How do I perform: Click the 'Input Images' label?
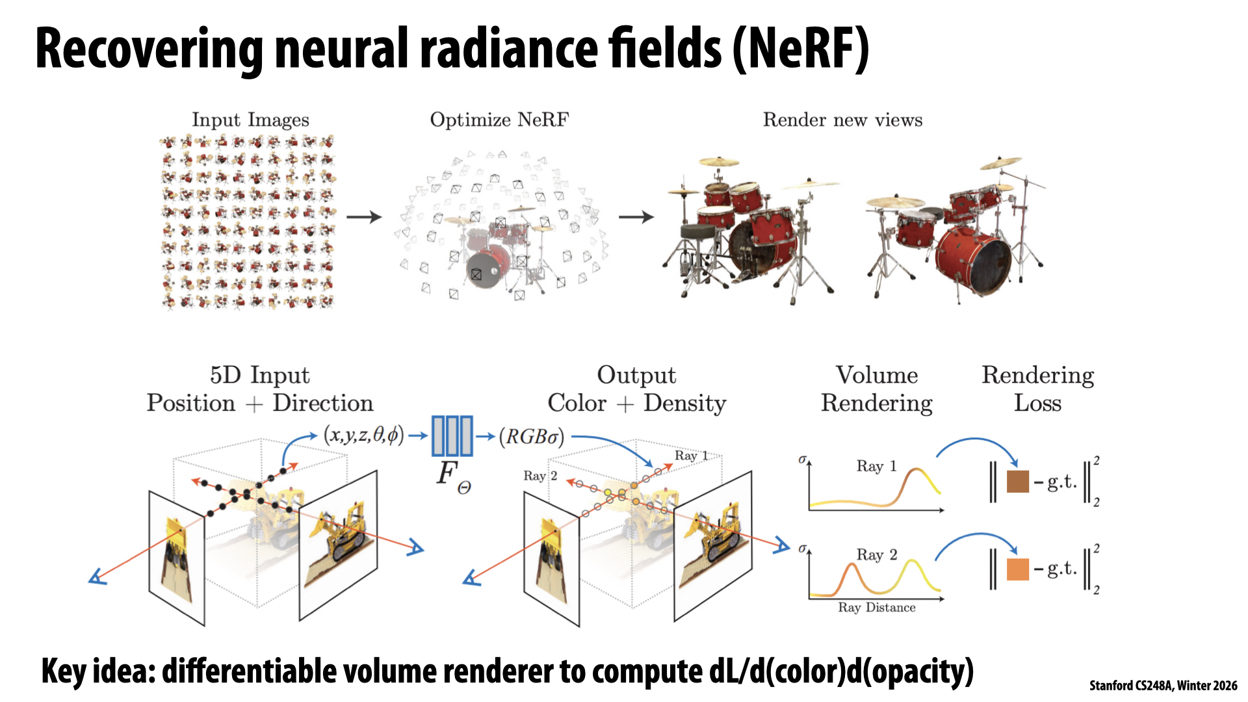(x=250, y=120)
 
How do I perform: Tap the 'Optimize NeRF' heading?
(x=499, y=120)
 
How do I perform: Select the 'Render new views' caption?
(x=842, y=120)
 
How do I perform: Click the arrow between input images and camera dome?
(x=363, y=217)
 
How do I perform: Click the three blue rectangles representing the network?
(x=452, y=435)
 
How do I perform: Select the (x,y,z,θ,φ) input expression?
(x=363, y=435)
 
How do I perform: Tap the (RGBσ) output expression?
(x=532, y=436)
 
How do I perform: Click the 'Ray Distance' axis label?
(x=876, y=608)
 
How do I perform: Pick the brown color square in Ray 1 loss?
(x=1017, y=482)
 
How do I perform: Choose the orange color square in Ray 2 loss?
(x=1017, y=569)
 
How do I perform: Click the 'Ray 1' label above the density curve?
(x=876, y=466)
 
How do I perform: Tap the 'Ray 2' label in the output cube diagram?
(x=540, y=476)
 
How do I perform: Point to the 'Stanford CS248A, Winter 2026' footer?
(x=1163, y=686)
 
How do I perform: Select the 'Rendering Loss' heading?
(x=1037, y=389)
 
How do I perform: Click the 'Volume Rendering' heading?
(x=876, y=389)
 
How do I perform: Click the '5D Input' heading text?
(x=259, y=375)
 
